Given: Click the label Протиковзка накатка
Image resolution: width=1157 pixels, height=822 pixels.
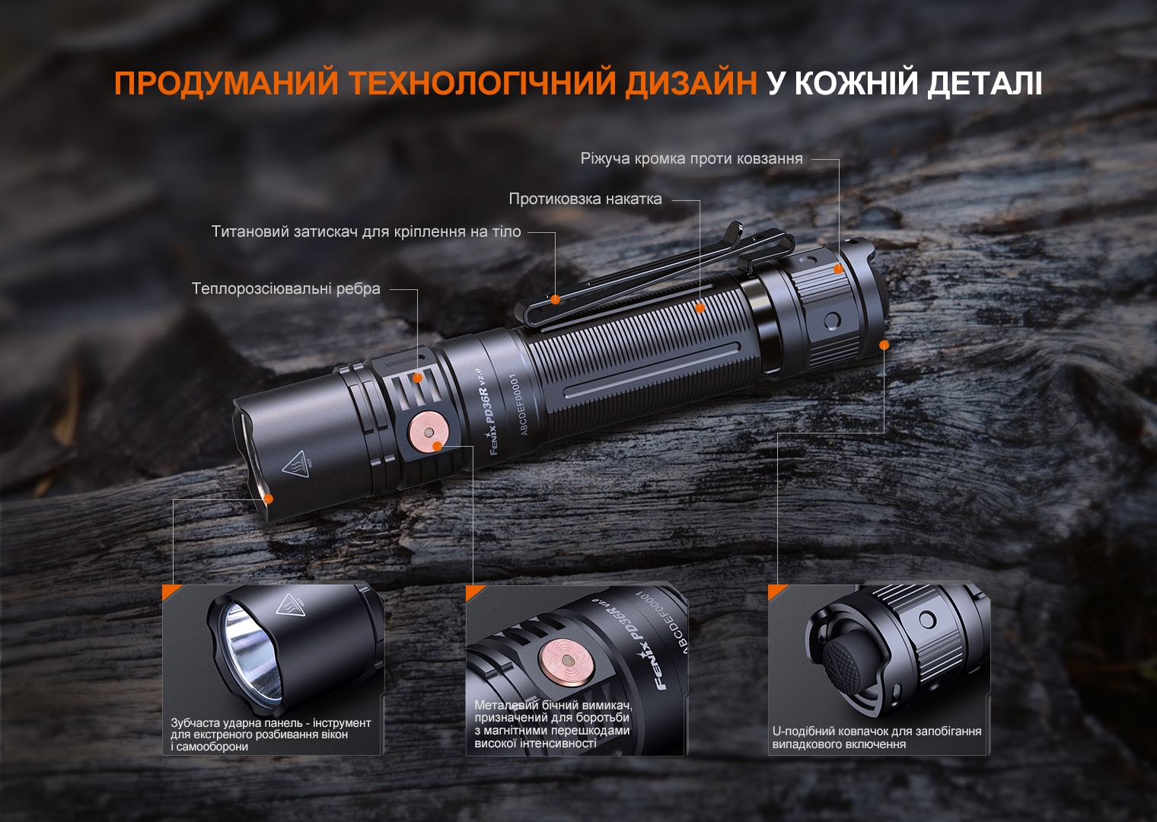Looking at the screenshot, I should pos(585,199).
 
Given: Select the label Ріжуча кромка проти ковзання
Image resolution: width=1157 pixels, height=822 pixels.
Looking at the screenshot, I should pos(691,159).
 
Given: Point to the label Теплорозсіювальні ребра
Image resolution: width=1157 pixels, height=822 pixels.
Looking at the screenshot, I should pos(285,289).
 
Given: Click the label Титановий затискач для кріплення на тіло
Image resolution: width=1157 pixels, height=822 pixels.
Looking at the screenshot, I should pos(366,232).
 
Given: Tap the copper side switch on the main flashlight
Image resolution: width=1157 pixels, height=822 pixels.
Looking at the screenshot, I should pos(429,431).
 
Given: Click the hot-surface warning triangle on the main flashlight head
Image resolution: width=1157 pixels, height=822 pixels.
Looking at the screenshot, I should pos(297,464).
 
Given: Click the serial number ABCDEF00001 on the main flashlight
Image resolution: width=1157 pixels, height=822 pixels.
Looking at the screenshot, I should pos(520,404).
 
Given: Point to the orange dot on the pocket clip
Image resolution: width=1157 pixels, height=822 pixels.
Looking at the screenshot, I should pos(556,298).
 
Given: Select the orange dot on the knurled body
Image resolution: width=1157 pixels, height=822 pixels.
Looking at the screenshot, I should pos(700,307).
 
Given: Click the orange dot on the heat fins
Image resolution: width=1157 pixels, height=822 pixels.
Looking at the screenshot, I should pos(417,378).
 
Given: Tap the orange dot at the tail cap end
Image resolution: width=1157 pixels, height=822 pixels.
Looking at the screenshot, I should pos(884,345).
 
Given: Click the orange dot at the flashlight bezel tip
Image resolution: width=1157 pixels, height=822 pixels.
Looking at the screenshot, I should pos(268,499).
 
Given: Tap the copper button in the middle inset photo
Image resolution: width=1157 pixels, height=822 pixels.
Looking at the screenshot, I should pos(567,660).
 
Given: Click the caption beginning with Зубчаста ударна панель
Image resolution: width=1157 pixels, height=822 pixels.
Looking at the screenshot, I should pos(270,734).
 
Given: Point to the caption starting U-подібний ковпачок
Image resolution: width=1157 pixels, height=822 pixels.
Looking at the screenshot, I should pos(877,738).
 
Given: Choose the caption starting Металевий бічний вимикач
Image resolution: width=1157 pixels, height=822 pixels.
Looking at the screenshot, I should pos(553,725).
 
